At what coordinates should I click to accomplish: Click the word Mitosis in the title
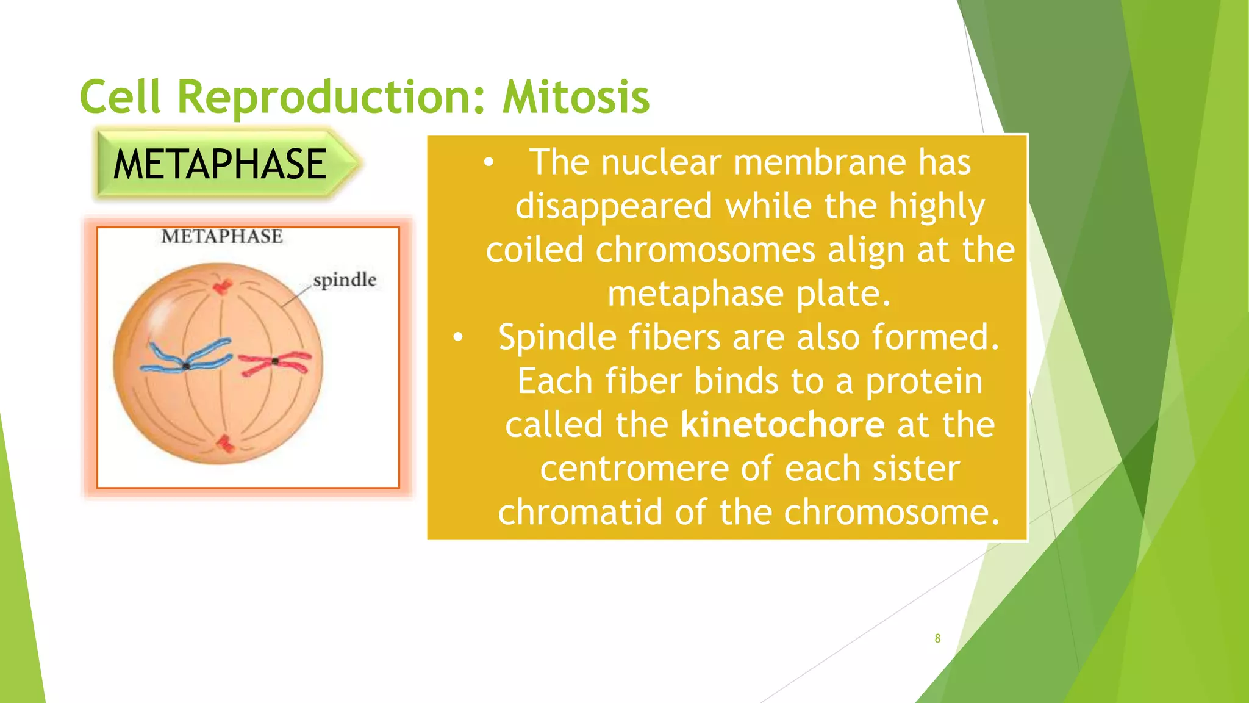tap(576, 98)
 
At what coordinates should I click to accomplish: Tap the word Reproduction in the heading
tap(329, 98)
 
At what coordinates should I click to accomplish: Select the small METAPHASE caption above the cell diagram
tap(222, 237)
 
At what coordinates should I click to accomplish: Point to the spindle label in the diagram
tap(345, 280)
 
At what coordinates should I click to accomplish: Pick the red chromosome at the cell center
tap(275, 363)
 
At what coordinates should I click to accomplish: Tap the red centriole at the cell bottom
tap(226, 444)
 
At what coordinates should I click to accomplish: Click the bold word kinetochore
tap(782, 425)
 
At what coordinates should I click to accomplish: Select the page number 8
tap(937, 638)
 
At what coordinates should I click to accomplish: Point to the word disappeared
tap(614, 206)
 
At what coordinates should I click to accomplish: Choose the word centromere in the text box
tap(634, 469)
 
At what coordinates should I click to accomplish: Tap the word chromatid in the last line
tap(580, 512)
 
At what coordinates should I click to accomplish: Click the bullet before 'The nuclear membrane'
tap(488, 163)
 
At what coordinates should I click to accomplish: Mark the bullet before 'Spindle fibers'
tap(458, 337)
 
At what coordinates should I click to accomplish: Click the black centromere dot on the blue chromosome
tap(186, 366)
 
